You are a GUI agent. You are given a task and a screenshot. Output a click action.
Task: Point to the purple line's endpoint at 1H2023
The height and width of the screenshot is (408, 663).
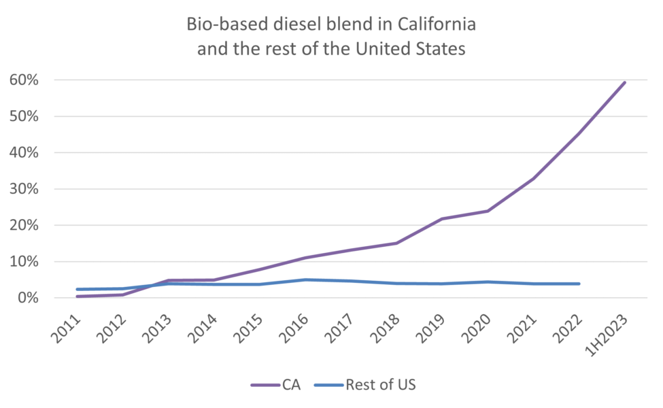click(624, 82)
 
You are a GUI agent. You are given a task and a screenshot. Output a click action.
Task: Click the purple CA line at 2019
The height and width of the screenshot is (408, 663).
click(442, 219)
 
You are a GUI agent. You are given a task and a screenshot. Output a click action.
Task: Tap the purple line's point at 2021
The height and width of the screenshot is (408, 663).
click(533, 178)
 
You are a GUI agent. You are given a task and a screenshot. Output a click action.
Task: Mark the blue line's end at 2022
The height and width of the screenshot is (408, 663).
click(579, 284)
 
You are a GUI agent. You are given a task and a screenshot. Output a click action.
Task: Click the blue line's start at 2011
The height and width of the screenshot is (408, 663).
click(78, 289)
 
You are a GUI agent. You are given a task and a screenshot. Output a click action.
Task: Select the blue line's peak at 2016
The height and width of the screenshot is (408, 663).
click(305, 279)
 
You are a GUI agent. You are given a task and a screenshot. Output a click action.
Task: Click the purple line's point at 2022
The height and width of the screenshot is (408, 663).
click(579, 133)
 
